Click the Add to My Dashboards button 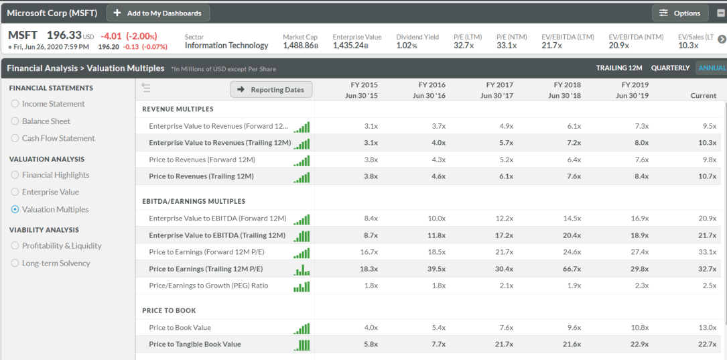[x=158, y=13]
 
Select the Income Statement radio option [x=15, y=104]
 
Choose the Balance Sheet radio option [x=15, y=121]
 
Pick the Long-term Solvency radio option [x=15, y=263]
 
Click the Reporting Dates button [x=271, y=90]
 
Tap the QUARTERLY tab [x=670, y=68]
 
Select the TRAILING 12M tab [x=619, y=68]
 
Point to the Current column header [x=703, y=96]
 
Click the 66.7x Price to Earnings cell [x=572, y=269]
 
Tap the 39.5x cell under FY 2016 [x=436, y=269]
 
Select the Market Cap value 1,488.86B [x=300, y=46]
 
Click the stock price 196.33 [x=64, y=35]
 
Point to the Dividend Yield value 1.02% [x=407, y=46]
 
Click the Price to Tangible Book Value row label [x=194, y=345]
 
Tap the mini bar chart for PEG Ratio [x=302, y=286]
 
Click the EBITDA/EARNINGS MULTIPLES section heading [x=194, y=201]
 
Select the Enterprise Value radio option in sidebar [x=15, y=192]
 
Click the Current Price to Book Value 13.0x [x=707, y=328]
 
